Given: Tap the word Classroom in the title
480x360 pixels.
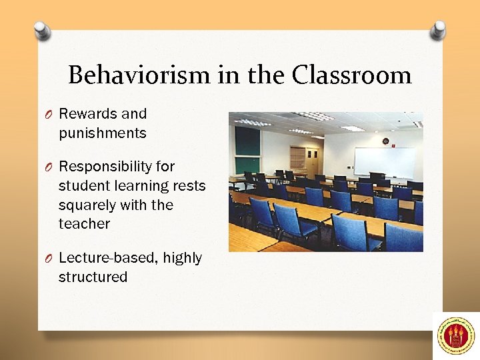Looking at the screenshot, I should coord(351,75).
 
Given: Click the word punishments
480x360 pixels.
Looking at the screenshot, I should coord(102,133).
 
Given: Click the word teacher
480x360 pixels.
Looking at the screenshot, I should coord(84,224).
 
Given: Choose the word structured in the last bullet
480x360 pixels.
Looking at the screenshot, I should coord(93,277).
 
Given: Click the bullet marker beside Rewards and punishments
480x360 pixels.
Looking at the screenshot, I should coord(49,115).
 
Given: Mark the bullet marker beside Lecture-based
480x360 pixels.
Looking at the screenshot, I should coord(49,259).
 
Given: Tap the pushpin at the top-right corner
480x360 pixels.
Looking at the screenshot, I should coord(437,29).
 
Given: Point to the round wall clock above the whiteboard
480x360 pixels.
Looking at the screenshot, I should coord(385,141).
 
